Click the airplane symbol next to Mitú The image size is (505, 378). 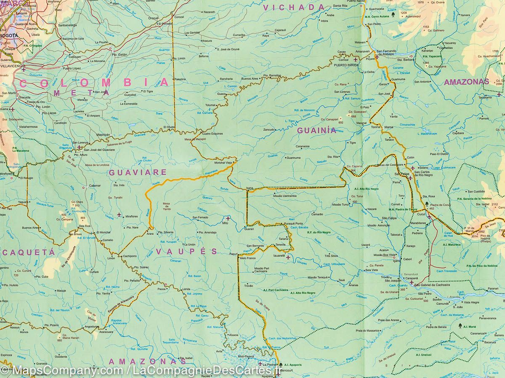[x=228, y=218]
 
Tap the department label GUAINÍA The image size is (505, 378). [x=317, y=131]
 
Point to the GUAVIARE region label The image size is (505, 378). [x=138, y=172]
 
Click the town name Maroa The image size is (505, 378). [x=388, y=126]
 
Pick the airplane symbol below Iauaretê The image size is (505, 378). [x=288, y=257]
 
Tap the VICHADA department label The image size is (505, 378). [x=294, y=7]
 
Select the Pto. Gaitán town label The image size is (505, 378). [x=120, y=54]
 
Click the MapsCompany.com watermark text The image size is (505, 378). [x=61, y=371]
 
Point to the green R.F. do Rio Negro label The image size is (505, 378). [x=319, y=232]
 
